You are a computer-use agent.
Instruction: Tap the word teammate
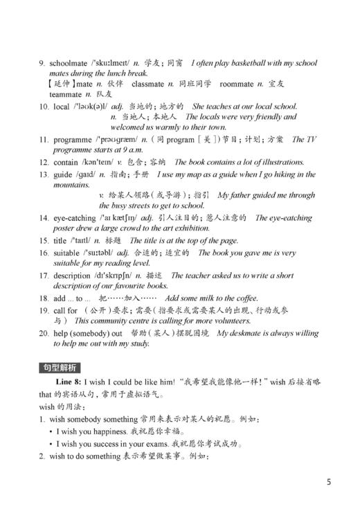click(65, 93)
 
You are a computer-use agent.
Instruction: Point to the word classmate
click(147, 84)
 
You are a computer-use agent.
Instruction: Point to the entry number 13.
click(44, 175)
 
